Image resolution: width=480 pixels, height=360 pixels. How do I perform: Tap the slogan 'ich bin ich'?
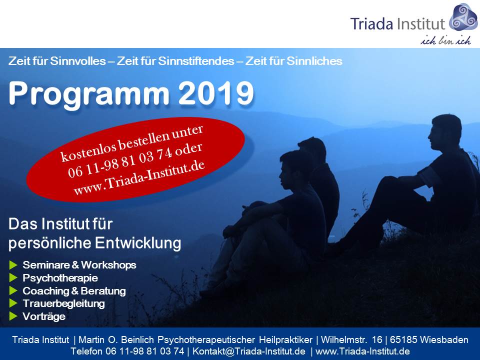[x=445, y=40]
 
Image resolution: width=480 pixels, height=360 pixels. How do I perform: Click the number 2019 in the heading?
[x=216, y=93]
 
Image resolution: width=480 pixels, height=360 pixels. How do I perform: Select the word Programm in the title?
[x=89, y=95]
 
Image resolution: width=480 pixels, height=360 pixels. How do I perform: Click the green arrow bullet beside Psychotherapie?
[x=13, y=277]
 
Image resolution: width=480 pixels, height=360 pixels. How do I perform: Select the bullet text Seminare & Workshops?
[x=79, y=265]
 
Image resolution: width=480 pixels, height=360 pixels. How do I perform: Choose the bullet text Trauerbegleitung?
[x=63, y=303]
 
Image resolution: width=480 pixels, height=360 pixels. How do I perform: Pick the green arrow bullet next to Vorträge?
[x=13, y=316]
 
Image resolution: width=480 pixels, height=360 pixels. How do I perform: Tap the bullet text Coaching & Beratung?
[x=74, y=291]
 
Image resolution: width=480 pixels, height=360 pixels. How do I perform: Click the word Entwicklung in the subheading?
[x=138, y=243]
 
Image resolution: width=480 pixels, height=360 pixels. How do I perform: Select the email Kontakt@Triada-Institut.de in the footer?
[x=249, y=351]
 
